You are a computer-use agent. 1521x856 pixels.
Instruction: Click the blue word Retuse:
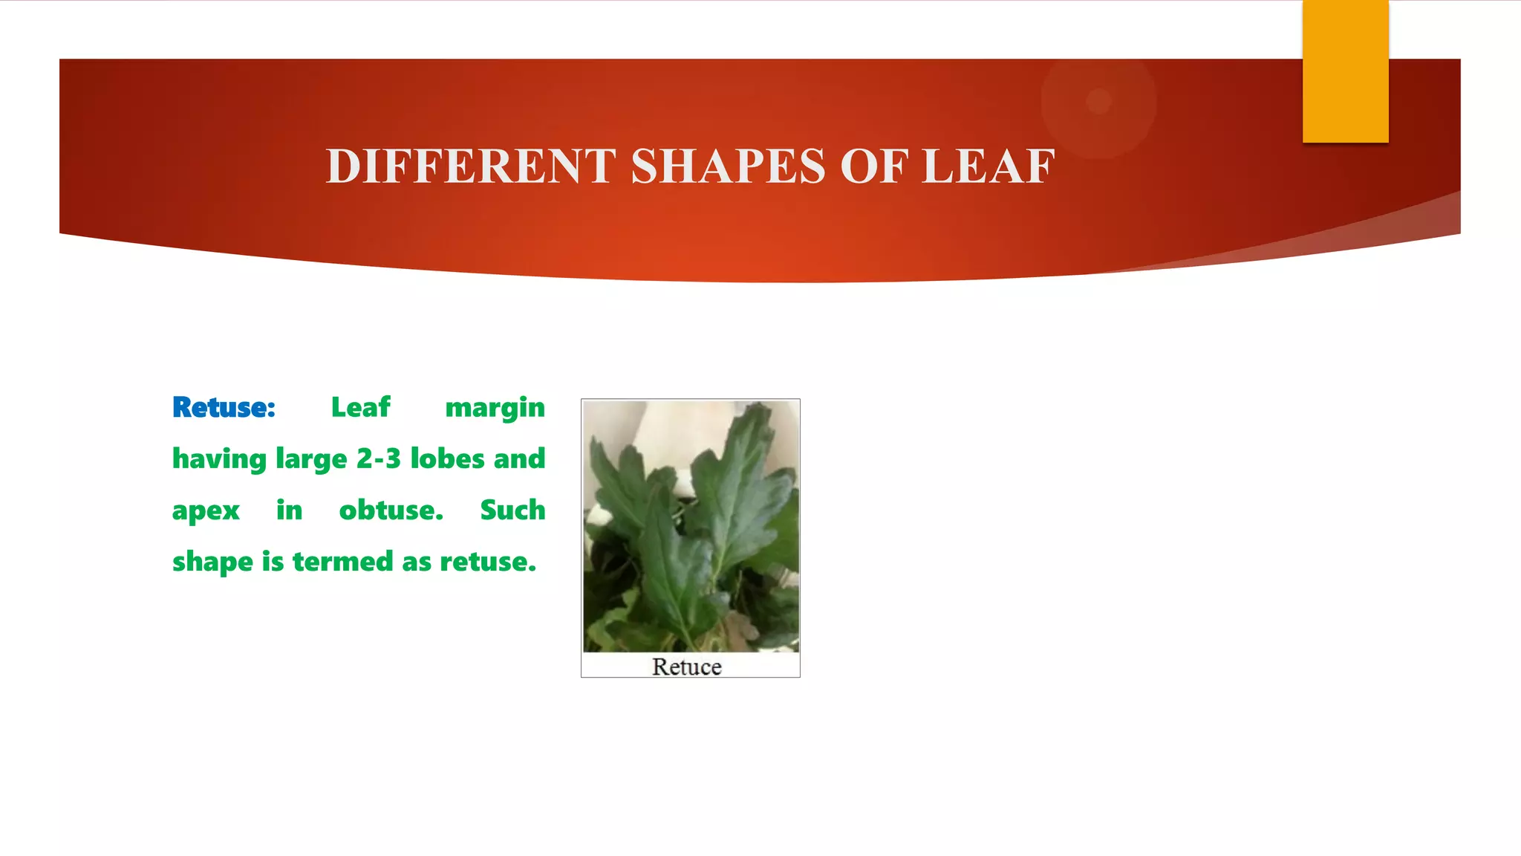[x=224, y=407]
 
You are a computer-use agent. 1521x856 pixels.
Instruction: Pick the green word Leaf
[x=360, y=407]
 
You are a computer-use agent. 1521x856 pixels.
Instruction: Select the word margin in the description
[x=495, y=409]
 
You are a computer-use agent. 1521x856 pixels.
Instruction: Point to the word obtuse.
[x=391, y=510]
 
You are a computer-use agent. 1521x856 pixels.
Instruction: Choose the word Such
[x=512, y=510]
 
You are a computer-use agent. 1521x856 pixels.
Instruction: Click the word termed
[x=342, y=561]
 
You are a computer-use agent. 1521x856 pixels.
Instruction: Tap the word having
[x=219, y=460]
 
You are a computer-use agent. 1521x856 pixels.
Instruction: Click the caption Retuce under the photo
[x=687, y=667]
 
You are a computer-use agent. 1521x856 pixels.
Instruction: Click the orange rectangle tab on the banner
[x=1345, y=71]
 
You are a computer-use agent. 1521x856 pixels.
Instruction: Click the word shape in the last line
[x=212, y=562]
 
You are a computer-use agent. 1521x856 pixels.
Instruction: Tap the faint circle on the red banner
[x=1098, y=101]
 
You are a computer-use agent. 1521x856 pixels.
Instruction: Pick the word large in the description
[x=311, y=460]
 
